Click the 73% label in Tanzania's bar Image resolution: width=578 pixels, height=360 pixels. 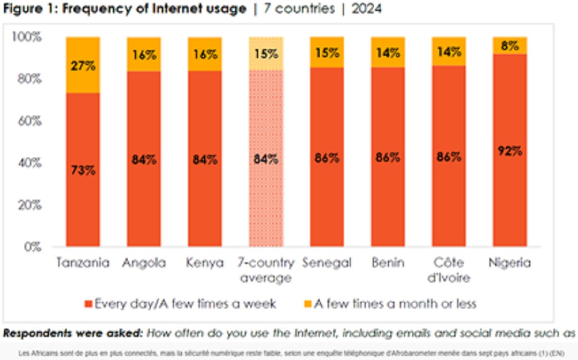(83, 170)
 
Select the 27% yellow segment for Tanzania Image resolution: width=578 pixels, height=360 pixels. (83, 65)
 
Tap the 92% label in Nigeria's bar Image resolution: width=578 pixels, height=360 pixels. (509, 151)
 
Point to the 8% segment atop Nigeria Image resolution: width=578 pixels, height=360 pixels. (509, 46)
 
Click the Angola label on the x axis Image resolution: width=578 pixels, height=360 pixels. (144, 263)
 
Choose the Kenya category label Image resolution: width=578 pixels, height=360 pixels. (205, 263)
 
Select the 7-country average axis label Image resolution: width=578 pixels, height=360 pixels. (265, 270)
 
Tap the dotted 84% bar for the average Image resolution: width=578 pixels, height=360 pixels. (265, 159)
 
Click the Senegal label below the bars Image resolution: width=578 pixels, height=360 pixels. (327, 263)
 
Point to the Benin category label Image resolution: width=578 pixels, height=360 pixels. (388, 263)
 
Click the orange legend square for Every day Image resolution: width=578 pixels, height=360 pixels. (88, 304)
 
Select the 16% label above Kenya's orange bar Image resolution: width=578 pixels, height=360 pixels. (205, 54)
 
